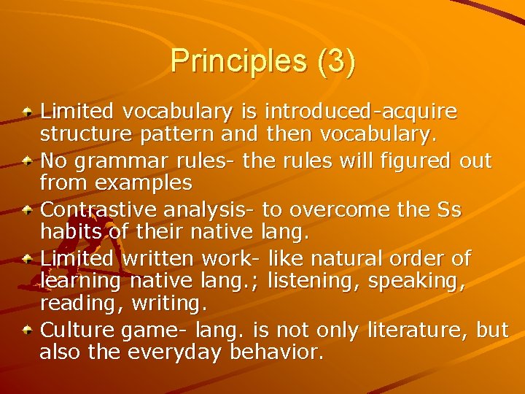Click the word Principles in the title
pos(238,61)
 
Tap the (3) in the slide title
pos(336,61)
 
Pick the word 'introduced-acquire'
pos(361,112)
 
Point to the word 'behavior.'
pos(276,353)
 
